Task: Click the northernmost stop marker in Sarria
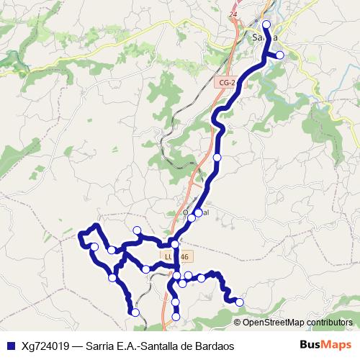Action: click(266, 24)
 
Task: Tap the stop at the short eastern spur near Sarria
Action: click(280, 55)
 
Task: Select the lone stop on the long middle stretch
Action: click(217, 157)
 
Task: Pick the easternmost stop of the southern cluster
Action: click(240, 302)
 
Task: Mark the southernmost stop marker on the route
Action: click(176, 317)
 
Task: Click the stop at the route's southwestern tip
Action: click(135, 312)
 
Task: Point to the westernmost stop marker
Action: click(94, 247)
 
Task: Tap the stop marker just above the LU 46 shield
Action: click(175, 245)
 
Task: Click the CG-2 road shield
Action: click(227, 84)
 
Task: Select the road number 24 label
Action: click(232, 14)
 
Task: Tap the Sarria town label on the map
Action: click(266, 38)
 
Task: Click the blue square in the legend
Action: click(9, 346)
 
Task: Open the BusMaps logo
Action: click(326, 346)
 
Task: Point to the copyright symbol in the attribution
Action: click(237, 323)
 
